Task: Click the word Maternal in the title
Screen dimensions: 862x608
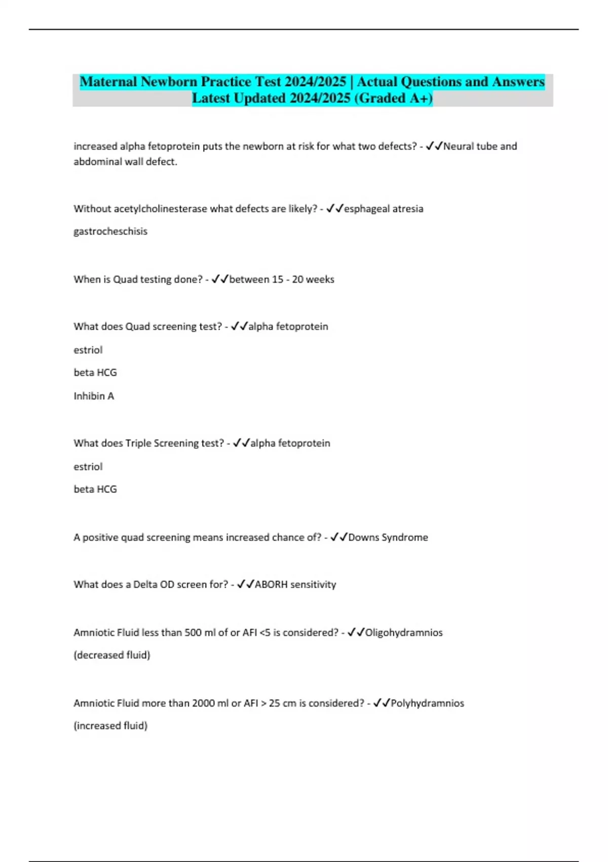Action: point(108,82)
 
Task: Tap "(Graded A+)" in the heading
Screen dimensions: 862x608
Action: point(393,98)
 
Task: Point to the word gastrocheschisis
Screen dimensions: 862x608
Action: point(110,231)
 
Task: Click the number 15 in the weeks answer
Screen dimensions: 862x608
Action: point(278,279)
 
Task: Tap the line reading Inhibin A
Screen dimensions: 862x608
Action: point(94,396)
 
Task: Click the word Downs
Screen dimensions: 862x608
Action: point(363,537)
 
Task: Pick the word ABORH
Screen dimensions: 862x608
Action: point(271,584)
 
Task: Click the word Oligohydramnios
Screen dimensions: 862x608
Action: point(404,632)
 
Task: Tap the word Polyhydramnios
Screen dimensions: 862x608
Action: point(427,703)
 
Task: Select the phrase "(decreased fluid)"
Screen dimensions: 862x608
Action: point(112,655)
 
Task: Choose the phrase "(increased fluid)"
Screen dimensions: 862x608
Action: point(110,725)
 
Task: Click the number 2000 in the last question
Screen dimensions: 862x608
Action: point(203,703)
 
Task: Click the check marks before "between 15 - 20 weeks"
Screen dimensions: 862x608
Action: point(220,279)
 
